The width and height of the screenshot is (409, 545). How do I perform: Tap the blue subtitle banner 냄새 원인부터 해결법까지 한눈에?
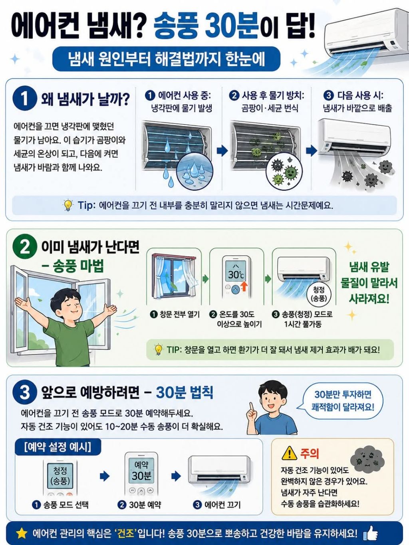click(x=167, y=59)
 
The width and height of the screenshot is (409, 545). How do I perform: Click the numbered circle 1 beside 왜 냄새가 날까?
click(x=25, y=98)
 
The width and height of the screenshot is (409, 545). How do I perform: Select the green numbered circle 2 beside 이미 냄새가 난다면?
click(x=25, y=248)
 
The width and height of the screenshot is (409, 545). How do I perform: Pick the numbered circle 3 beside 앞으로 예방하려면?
click(x=25, y=393)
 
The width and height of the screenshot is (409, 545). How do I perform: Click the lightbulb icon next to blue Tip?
click(x=68, y=205)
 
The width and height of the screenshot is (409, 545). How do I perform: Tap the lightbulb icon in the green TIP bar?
click(x=159, y=350)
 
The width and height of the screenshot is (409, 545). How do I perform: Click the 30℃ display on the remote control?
click(x=237, y=272)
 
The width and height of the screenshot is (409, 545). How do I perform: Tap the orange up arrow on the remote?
click(x=244, y=286)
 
